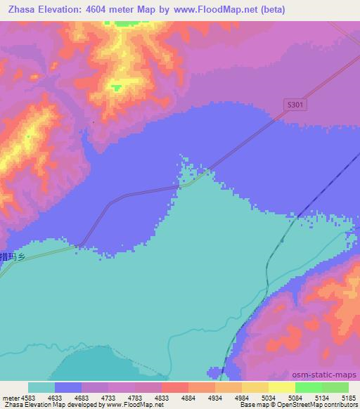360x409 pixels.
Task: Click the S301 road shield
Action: (296, 104)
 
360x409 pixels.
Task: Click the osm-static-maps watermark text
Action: (329, 375)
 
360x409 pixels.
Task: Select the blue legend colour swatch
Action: (68, 387)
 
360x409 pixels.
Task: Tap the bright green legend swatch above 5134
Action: (308, 387)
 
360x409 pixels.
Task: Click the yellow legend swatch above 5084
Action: (281, 387)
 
